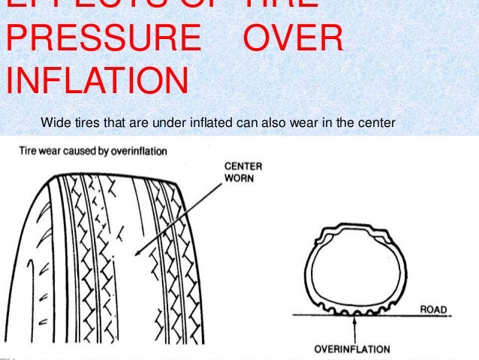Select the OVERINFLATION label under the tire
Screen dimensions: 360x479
point(352,349)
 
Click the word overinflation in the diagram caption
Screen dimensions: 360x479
point(140,150)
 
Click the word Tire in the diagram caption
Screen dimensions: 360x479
point(28,150)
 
